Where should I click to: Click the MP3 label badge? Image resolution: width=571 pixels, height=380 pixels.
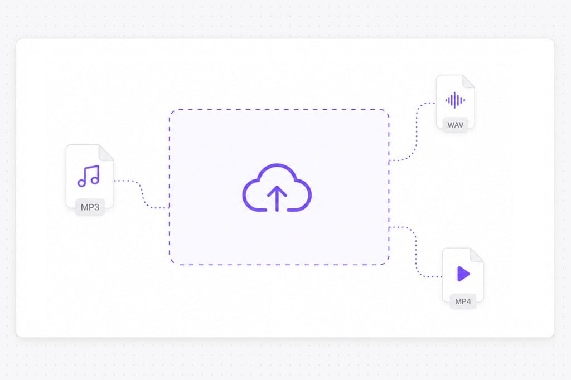point(90,207)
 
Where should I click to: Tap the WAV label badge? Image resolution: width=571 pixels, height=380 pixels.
point(455,125)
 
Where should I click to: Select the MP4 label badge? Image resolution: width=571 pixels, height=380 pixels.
point(463,301)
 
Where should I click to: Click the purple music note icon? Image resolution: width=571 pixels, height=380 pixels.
point(89,176)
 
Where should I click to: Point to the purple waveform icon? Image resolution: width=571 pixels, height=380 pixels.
point(455,100)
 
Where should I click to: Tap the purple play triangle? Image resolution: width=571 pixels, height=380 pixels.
point(463,274)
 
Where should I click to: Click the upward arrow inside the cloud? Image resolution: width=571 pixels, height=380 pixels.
point(277,198)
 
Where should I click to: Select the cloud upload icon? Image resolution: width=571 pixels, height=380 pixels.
point(277,187)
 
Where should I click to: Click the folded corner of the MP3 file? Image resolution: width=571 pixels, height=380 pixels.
point(106,153)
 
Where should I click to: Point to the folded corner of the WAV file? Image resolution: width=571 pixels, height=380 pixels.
point(468,81)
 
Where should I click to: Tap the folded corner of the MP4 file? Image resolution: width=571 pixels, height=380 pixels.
point(477,255)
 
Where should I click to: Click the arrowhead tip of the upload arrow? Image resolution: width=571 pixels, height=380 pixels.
point(277,186)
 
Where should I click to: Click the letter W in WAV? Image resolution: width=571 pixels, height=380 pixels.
point(451,125)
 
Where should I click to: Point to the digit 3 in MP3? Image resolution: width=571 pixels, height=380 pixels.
point(96,207)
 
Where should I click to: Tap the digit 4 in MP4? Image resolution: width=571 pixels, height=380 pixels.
point(468,301)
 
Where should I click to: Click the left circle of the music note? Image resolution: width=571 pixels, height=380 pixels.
point(81,183)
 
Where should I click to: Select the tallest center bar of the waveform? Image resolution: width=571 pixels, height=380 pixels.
point(455,100)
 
